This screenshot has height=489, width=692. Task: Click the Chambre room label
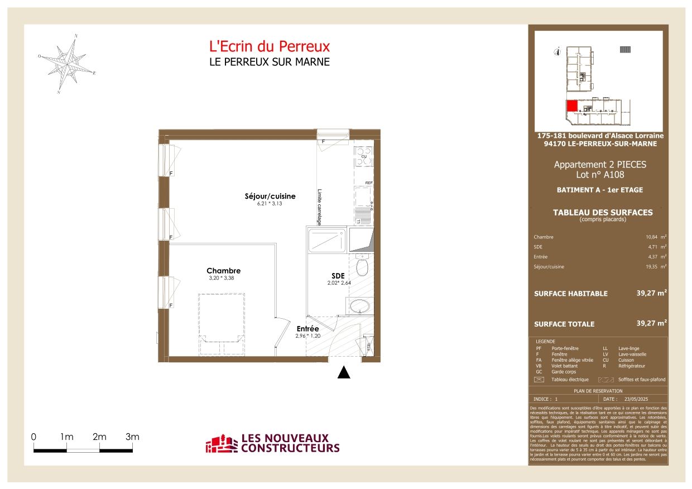point(223,271)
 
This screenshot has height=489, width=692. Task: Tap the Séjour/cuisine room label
point(270,196)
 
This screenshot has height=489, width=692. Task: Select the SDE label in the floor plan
point(337,276)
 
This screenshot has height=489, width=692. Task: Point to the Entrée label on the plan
point(307,329)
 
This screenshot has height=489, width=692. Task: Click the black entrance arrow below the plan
point(344,373)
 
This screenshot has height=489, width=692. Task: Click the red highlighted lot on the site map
point(571,106)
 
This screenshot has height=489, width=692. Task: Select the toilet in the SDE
point(362,266)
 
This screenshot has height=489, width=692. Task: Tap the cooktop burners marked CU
point(363,153)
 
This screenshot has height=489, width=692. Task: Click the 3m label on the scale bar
point(132,437)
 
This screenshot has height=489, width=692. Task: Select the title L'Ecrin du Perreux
point(269,46)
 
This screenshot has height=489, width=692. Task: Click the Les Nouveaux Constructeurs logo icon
point(221,444)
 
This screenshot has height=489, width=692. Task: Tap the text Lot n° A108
point(599,175)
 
